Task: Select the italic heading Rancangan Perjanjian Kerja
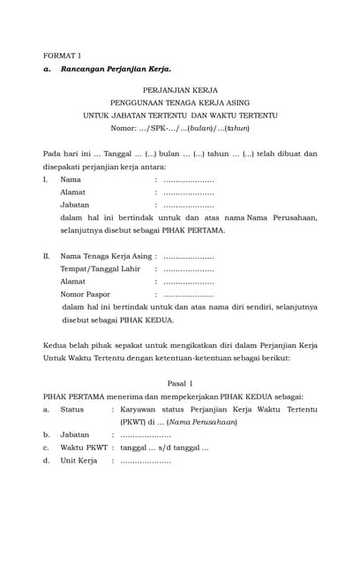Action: (116, 68)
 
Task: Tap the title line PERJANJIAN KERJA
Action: (180, 90)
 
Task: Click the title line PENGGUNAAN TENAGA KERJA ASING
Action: (180, 102)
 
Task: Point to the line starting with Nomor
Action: (180, 128)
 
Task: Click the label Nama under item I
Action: (71, 179)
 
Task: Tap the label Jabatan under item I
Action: (74, 204)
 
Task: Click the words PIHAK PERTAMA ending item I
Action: (199, 230)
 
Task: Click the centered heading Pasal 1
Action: (180, 384)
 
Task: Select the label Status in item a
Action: (71, 410)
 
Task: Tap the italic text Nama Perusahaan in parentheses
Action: (202, 422)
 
